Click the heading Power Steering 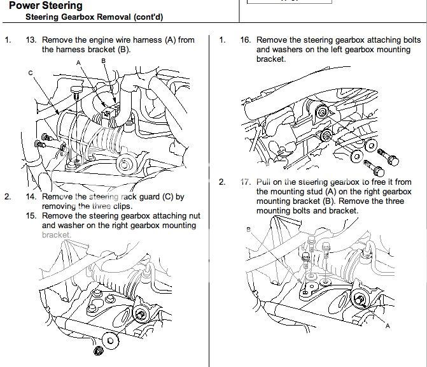point(46,6)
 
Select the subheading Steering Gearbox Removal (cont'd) point(89,17)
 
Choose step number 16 point(245,40)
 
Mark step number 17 point(245,182)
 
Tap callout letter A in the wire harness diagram point(79,63)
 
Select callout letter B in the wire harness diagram point(103,60)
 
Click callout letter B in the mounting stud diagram point(248,229)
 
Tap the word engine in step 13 point(96,40)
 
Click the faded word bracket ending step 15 point(56,234)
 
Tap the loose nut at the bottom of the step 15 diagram point(97,352)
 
